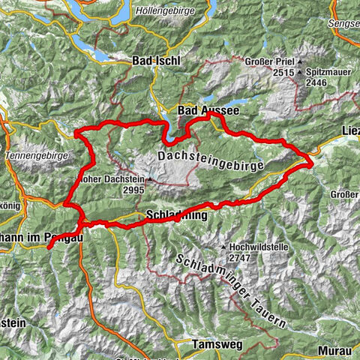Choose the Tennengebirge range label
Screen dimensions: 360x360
click(x=37, y=155)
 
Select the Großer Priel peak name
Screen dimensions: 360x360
click(x=267, y=62)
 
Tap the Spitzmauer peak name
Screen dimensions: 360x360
click(x=331, y=62)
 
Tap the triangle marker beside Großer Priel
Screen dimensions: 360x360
click(x=299, y=62)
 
